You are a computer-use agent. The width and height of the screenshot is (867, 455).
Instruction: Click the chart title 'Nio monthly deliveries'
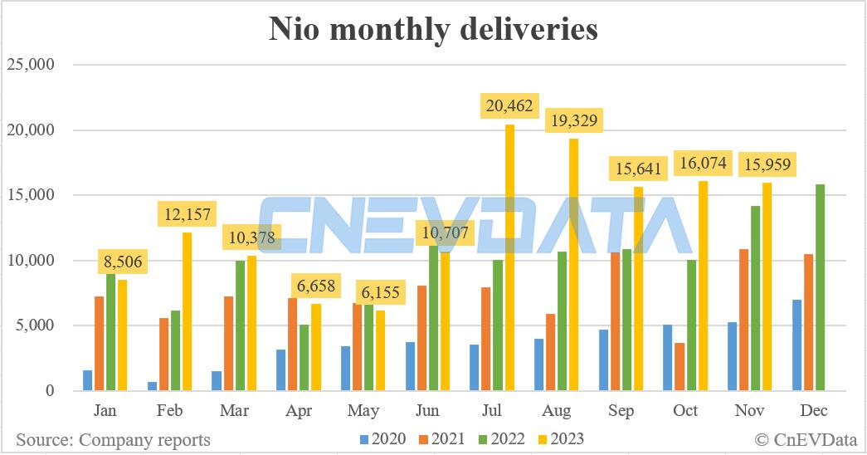pyautogui.click(x=433, y=29)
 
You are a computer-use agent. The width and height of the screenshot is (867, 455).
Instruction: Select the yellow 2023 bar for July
pyautogui.click(x=510, y=257)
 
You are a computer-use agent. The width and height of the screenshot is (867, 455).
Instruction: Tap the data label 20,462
pyautogui.click(x=510, y=107)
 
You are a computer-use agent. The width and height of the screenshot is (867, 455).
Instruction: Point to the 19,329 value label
pyautogui.click(x=574, y=120)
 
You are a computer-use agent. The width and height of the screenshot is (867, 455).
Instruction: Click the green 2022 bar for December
pyautogui.click(x=820, y=287)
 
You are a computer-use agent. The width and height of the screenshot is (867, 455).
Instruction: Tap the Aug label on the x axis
pyautogui.click(x=557, y=411)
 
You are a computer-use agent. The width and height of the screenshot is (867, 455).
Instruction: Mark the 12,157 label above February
pyautogui.click(x=187, y=215)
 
